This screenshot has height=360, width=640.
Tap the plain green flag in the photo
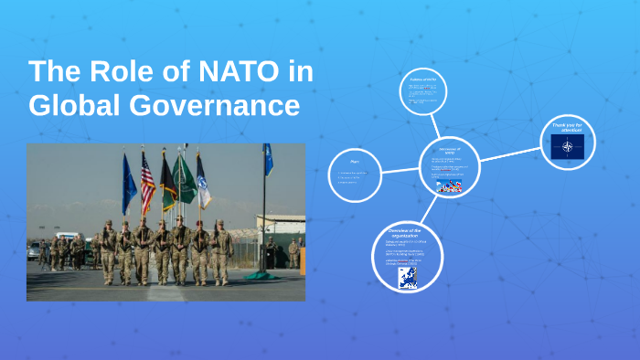click(187, 179)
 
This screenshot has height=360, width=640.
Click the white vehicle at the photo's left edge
click(34, 251)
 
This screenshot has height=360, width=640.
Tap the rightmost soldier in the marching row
click(223, 251)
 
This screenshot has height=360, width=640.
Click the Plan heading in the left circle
click(354, 161)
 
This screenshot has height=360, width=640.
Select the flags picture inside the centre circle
click(449, 186)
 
